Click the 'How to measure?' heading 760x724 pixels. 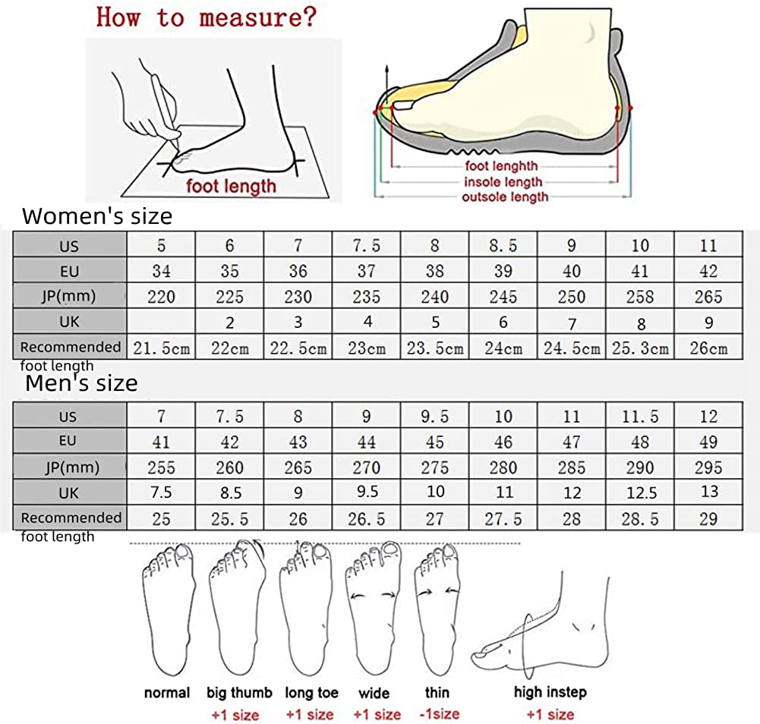click(205, 17)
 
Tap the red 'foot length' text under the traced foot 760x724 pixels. click(232, 184)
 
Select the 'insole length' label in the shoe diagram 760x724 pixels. click(503, 181)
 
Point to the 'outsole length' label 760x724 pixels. click(504, 197)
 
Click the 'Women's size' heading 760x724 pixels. click(97, 216)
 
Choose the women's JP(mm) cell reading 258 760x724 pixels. click(640, 297)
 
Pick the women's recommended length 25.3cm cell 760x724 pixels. click(640, 348)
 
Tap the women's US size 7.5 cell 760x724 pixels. click(367, 245)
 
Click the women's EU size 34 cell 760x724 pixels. click(161, 271)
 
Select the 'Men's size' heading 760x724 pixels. click(82, 383)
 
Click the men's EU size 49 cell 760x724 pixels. click(708, 442)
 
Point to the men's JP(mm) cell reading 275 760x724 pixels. click(435, 467)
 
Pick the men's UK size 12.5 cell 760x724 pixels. click(640, 493)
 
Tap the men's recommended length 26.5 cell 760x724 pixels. click(367, 519)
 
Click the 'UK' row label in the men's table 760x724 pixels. click(69, 493)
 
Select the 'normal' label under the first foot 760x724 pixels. click(167, 692)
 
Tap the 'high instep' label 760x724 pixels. click(550, 691)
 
